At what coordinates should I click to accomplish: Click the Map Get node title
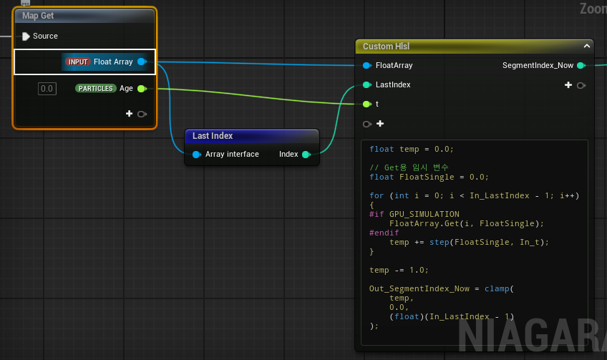tap(38, 16)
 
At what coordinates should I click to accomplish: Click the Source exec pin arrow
tap(26, 37)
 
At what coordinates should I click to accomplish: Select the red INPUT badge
tap(78, 62)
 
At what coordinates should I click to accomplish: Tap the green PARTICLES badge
tap(96, 89)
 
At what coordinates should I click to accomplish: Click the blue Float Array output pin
tap(142, 62)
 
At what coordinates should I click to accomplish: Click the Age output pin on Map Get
tap(142, 89)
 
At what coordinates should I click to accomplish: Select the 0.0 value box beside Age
tap(47, 89)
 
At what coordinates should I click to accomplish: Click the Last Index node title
tap(213, 136)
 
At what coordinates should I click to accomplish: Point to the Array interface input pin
tap(197, 155)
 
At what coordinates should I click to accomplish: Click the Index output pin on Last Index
tap(306, 155)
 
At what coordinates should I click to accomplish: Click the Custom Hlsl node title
tap(386, 47)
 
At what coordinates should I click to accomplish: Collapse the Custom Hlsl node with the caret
tap(587, 46)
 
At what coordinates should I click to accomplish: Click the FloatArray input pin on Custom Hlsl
tap(367, 65)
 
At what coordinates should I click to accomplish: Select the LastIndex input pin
tap(367, 84)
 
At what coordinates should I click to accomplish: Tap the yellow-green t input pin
tap(367, 104)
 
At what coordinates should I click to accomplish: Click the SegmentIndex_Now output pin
tap(581, 65)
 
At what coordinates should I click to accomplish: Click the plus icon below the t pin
tap(380, 124)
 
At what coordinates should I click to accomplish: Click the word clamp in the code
tap(497, 288)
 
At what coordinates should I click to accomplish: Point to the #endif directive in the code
tap(384, 233)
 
